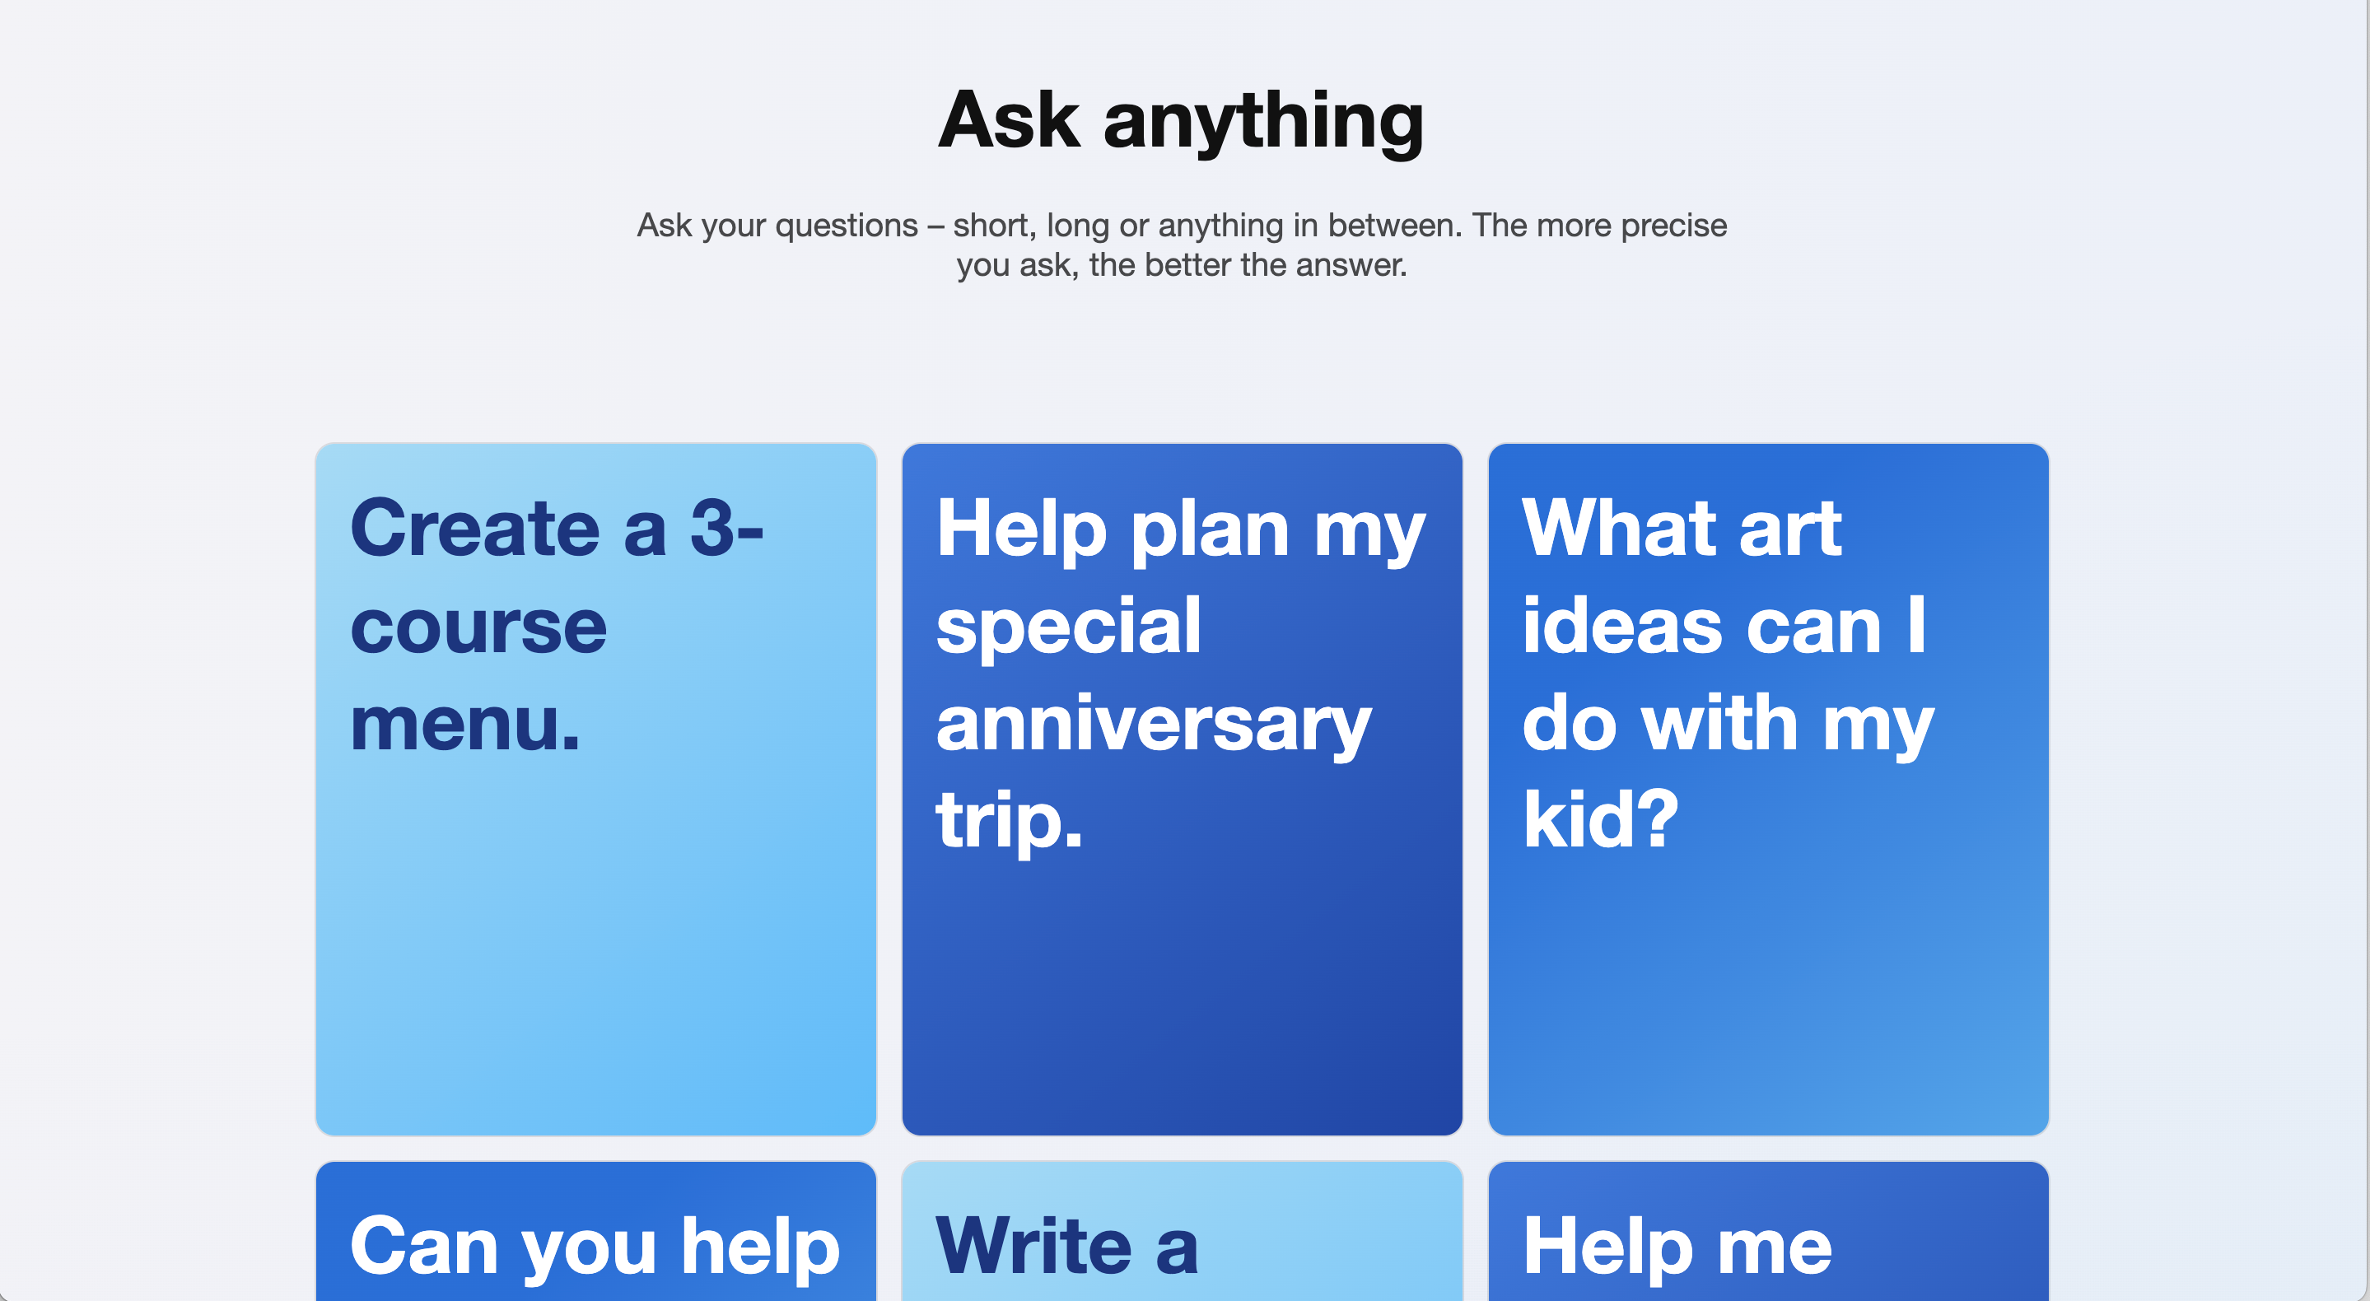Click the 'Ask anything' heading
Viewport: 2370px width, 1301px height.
pos(1182,120)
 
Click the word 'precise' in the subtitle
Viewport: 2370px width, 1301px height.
pos(1673,226)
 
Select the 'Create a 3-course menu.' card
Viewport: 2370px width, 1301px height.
pos(595,790)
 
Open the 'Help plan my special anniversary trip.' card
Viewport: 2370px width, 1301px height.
pos(1183,790)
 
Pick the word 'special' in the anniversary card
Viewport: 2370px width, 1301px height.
pos(1068,627)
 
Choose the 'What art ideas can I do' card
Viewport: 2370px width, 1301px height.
pos(1768,790)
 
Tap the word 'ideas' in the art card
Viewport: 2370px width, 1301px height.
pos(1623,626)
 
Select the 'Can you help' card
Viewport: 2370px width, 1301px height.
pos(595,1231)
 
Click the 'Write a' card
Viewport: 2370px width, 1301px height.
pos(1183,1231)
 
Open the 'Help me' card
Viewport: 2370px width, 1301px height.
pos(1768,1231)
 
